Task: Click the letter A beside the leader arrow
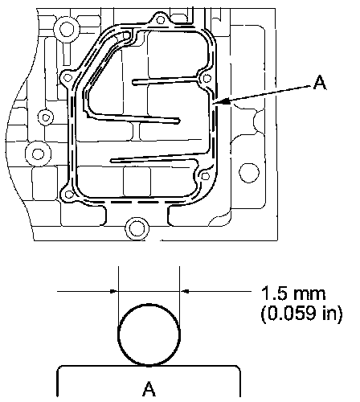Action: coord(320,83)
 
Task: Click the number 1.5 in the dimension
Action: coord(274,293)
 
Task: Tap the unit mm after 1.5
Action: coord(309,295)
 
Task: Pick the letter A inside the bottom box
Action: coord(149,389)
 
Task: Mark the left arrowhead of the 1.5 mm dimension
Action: coord(114,291)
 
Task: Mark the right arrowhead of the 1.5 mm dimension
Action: coord(184,291)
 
